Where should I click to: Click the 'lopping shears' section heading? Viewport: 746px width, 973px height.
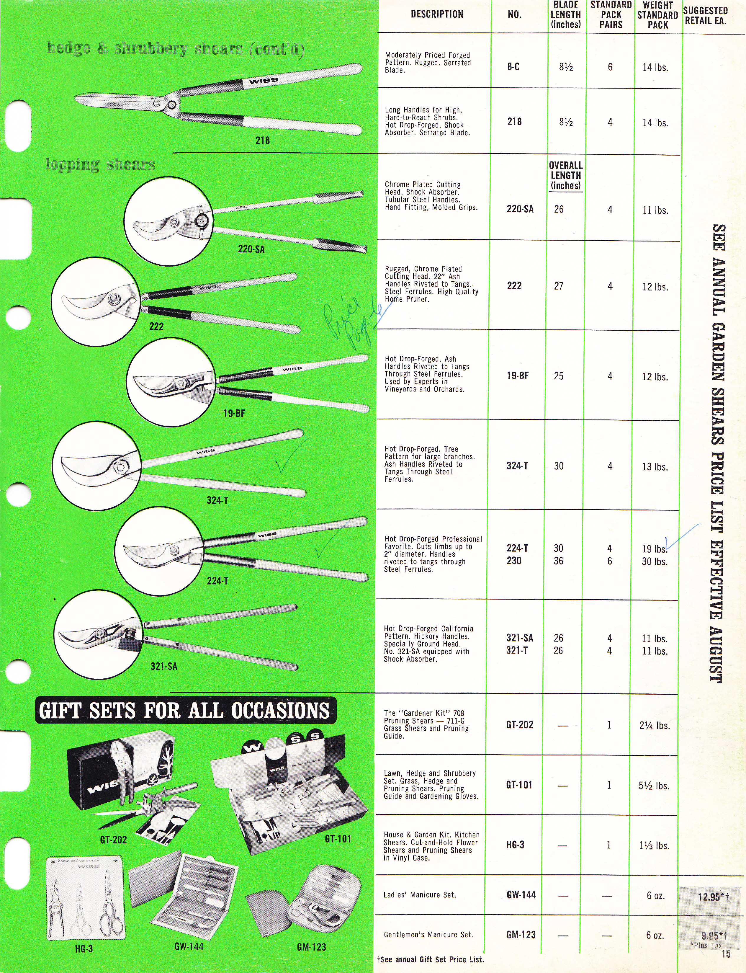[x=100, y=164]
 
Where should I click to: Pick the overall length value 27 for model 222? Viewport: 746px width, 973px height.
[x=559, y=286]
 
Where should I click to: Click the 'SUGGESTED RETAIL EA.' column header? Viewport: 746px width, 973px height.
[x=705, y=15]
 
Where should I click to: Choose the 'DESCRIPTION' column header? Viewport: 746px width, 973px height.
[x=437, y=14]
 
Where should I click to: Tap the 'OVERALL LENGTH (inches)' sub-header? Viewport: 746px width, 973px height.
[x=566, y=175]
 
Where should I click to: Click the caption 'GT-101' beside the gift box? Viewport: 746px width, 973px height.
[x=338, y=838]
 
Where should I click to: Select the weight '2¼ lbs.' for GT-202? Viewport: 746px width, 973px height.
[x=655, y=725]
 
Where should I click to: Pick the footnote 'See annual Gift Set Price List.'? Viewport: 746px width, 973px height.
[x=431, y=959]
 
